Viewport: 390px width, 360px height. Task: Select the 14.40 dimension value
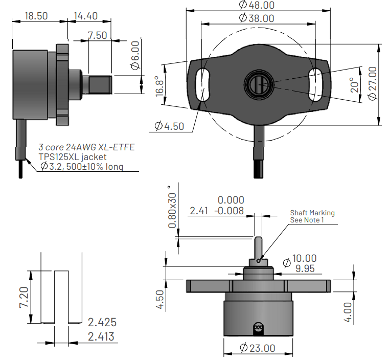click(x=85, y=16)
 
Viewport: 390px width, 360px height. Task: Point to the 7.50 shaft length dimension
click(x=97, y=35)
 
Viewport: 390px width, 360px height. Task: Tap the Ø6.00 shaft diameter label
click(x=134, y=57)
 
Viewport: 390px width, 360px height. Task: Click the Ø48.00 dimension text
click(x=257, y=5)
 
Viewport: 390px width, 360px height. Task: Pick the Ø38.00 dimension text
click(x=257, y=18)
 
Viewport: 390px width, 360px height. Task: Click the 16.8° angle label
click(x=159, y=85)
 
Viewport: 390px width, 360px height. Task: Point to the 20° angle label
click(x=352, y=84)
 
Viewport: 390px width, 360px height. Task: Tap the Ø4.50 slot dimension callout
click(x=169, y=126)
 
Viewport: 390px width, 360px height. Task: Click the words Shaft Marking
click(x=312, y=213)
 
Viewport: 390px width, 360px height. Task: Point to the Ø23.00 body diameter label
click(x=258, y=348)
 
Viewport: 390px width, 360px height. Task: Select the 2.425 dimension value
click(x=102, y=323)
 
